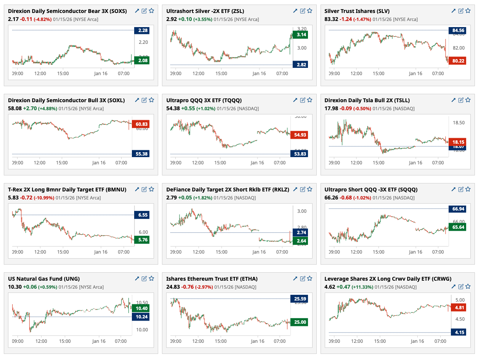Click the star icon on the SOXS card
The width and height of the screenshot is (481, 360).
pyautogui.click(x=151, y=11)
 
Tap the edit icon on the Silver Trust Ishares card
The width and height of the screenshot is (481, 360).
pyautogui.click(x=461, y=11)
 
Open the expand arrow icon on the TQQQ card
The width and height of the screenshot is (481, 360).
pyautogui.click(x=295, y=100)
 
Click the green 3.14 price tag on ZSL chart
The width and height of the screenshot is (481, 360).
pyautogui.click(x=300, y=35)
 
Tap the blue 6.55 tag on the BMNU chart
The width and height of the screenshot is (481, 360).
pyautogui.click(x=141, y=215)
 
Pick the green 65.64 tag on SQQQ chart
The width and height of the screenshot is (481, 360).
pyautogui.click(x=458, y=227)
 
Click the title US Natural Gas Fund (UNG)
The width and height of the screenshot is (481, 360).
pyautogui.click(x=44, y=278)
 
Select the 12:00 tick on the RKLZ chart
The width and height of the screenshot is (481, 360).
pyautogui.click(x=198, y=252)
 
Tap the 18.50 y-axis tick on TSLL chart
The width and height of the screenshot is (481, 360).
pyautogui.click(x=459, y=123)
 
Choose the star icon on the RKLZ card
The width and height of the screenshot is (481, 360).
pyautogui.click(x=309, y=189)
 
